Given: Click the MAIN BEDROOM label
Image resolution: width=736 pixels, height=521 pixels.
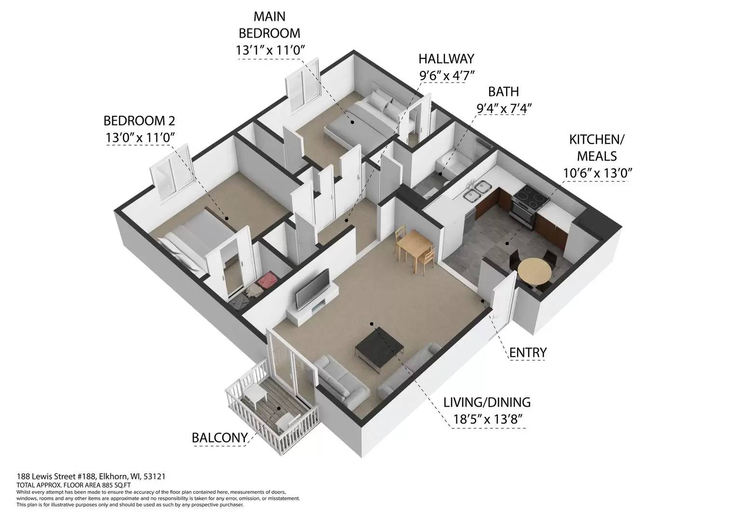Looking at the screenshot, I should pos(269,25).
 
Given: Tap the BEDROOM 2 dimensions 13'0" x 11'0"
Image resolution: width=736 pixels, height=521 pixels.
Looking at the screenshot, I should pos(139,137).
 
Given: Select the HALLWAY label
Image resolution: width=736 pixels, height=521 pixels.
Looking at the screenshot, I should pos(446,59).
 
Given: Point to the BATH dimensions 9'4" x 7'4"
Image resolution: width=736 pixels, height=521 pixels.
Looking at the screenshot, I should pos(504,108).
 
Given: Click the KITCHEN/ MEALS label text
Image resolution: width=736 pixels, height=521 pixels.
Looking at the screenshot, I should pos(596,148).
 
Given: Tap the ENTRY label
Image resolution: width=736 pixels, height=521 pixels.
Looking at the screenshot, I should pos(528,353).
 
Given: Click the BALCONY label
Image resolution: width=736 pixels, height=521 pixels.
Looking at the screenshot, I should pos(219,438).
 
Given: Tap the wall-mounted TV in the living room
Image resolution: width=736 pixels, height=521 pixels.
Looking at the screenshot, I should pos(313,288).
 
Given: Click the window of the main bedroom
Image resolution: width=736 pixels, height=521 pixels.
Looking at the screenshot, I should pos(302,84).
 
